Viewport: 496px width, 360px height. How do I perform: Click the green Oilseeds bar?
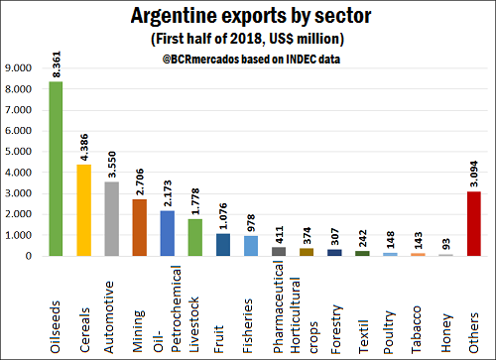[56, 169]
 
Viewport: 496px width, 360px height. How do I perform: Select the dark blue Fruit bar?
[223, 245]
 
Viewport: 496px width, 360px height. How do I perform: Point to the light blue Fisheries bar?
[251, 246]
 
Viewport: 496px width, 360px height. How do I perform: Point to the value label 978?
[251, 221]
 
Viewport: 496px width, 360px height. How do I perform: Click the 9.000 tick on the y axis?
[18, 67]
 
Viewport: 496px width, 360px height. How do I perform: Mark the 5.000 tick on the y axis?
[18, 151]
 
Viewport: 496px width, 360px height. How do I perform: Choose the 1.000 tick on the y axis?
[18, 235]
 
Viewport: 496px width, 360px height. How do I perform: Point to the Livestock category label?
[195, 307]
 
